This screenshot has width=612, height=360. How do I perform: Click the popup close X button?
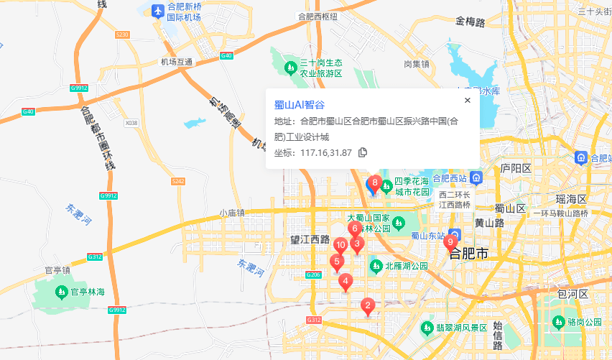[x=467, y=101]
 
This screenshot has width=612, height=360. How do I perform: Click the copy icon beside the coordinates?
[x=363, y=152]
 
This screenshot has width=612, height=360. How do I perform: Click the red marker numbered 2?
[x=368, y=307]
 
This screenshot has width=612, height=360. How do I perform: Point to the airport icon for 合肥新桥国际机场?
[x=157, y=11]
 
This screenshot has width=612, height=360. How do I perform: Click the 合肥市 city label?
[x=468, y=254]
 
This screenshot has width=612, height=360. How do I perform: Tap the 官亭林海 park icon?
[x=62, y=292]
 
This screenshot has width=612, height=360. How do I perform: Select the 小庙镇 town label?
[x=232, y=213]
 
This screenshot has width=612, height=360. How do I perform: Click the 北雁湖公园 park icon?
[x=375, y=266]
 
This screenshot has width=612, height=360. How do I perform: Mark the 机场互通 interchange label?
[x=177, y=62]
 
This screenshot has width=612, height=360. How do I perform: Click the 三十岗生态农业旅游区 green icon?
[x=291, y=68]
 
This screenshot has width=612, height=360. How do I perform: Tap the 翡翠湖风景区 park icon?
[x=427, y=328]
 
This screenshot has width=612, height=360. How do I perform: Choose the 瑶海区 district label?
[x=572, y=198]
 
